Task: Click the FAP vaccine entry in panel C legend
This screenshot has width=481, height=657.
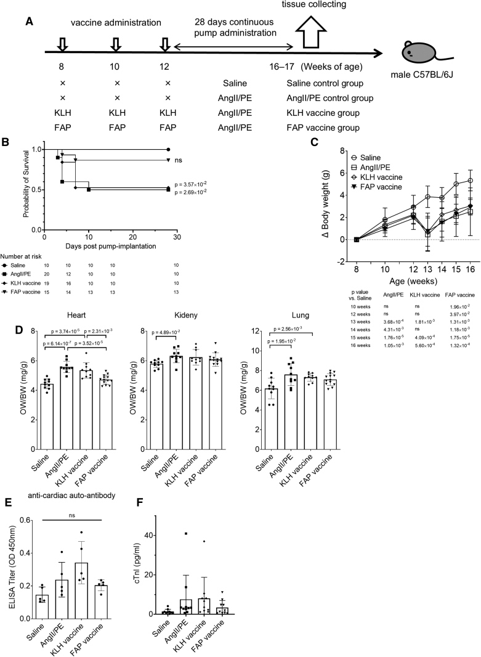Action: coord(395,186)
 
